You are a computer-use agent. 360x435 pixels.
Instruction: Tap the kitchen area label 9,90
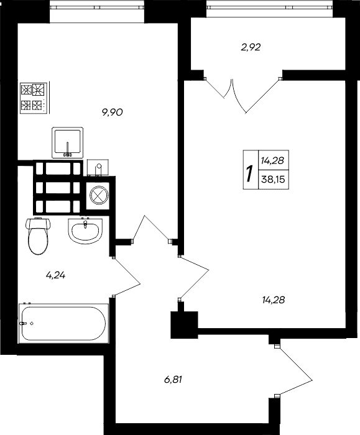[113, 112]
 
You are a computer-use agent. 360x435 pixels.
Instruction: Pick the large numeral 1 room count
[249, 169]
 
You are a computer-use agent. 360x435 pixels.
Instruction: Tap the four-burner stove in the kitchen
[34, 97]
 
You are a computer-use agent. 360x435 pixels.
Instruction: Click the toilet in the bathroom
[38, 236]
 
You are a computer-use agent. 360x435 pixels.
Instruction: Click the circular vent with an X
[99, 195]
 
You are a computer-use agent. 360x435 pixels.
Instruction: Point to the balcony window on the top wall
[275, 8]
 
